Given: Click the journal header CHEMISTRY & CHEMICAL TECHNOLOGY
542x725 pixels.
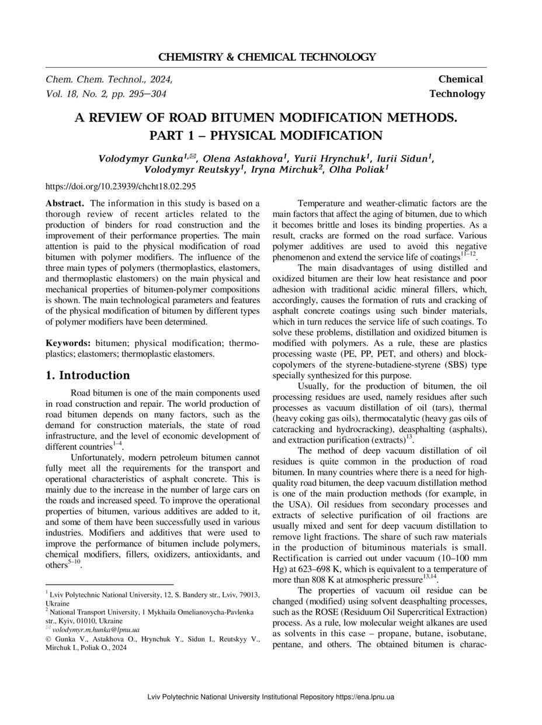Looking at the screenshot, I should click(267, 57).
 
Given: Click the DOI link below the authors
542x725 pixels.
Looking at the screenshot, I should click(120, 187).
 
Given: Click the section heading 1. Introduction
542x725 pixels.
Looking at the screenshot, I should click(88, 375).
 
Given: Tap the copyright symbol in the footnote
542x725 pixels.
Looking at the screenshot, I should click(48, 639).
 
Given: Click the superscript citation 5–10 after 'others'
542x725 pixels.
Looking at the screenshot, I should click(74, 562).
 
